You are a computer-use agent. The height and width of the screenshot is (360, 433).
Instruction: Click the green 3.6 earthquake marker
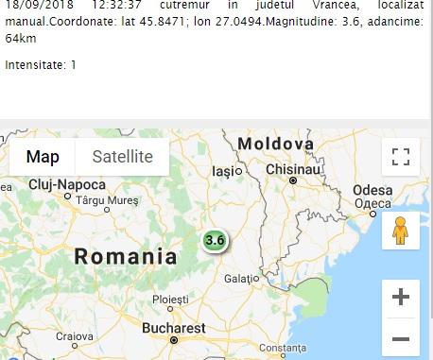215,240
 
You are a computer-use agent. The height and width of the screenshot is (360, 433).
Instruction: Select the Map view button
43,157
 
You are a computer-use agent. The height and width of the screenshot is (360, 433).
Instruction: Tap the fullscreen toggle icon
400,157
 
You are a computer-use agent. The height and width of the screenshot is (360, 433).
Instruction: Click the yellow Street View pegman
400,231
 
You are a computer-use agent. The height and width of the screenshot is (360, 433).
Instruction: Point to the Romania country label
126,256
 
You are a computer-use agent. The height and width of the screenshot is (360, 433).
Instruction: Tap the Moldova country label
275,144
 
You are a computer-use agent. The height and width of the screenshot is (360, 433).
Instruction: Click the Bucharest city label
173,328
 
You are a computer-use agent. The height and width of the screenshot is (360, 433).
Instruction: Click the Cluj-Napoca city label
67,184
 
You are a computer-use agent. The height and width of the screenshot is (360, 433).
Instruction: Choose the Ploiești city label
171,300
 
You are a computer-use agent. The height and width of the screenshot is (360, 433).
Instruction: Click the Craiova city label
74,335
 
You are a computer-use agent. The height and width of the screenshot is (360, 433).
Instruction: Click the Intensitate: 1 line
41,65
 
